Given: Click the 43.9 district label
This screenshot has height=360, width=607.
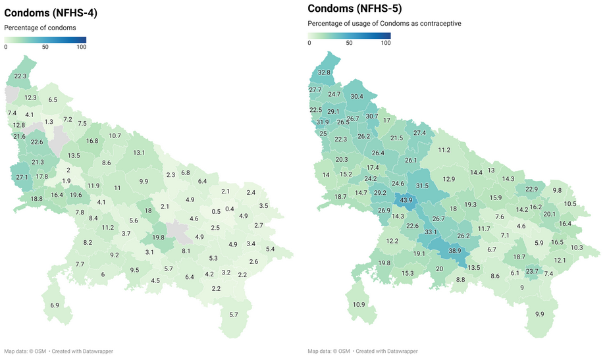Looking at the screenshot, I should pos(406,200).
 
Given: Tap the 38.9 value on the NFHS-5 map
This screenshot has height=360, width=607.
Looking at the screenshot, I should pos(455,251).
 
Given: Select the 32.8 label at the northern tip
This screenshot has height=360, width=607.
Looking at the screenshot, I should pos(324,72).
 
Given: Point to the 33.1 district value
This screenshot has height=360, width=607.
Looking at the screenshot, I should pos(431,232).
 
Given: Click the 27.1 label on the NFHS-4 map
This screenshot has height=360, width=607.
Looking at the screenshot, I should pos(22,177).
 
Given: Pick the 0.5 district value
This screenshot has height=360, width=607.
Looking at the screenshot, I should pos(216,211).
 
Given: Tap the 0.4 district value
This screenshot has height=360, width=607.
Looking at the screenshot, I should pos(230,209).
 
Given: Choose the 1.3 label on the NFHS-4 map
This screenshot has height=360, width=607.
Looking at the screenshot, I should pos(49,122).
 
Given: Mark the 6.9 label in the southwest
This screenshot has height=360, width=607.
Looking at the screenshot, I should pos(55,305).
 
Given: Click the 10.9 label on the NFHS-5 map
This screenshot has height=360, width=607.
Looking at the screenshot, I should pos(359,305).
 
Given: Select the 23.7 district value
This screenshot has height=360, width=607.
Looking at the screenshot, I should pos(532,270).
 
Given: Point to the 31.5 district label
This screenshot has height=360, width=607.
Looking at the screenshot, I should pos(422,186).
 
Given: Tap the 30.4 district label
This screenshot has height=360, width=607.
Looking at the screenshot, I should pos(357,97).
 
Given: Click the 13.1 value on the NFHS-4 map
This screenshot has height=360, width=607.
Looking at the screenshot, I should pos(139,153).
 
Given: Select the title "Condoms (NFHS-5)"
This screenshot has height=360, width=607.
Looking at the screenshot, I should pos(354,9).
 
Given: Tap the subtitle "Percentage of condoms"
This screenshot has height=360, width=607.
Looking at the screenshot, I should pos(40,28).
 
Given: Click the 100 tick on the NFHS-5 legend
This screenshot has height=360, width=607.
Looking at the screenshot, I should pos(386,43).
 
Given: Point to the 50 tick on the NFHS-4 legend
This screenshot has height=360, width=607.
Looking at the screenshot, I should pos(45,47).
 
